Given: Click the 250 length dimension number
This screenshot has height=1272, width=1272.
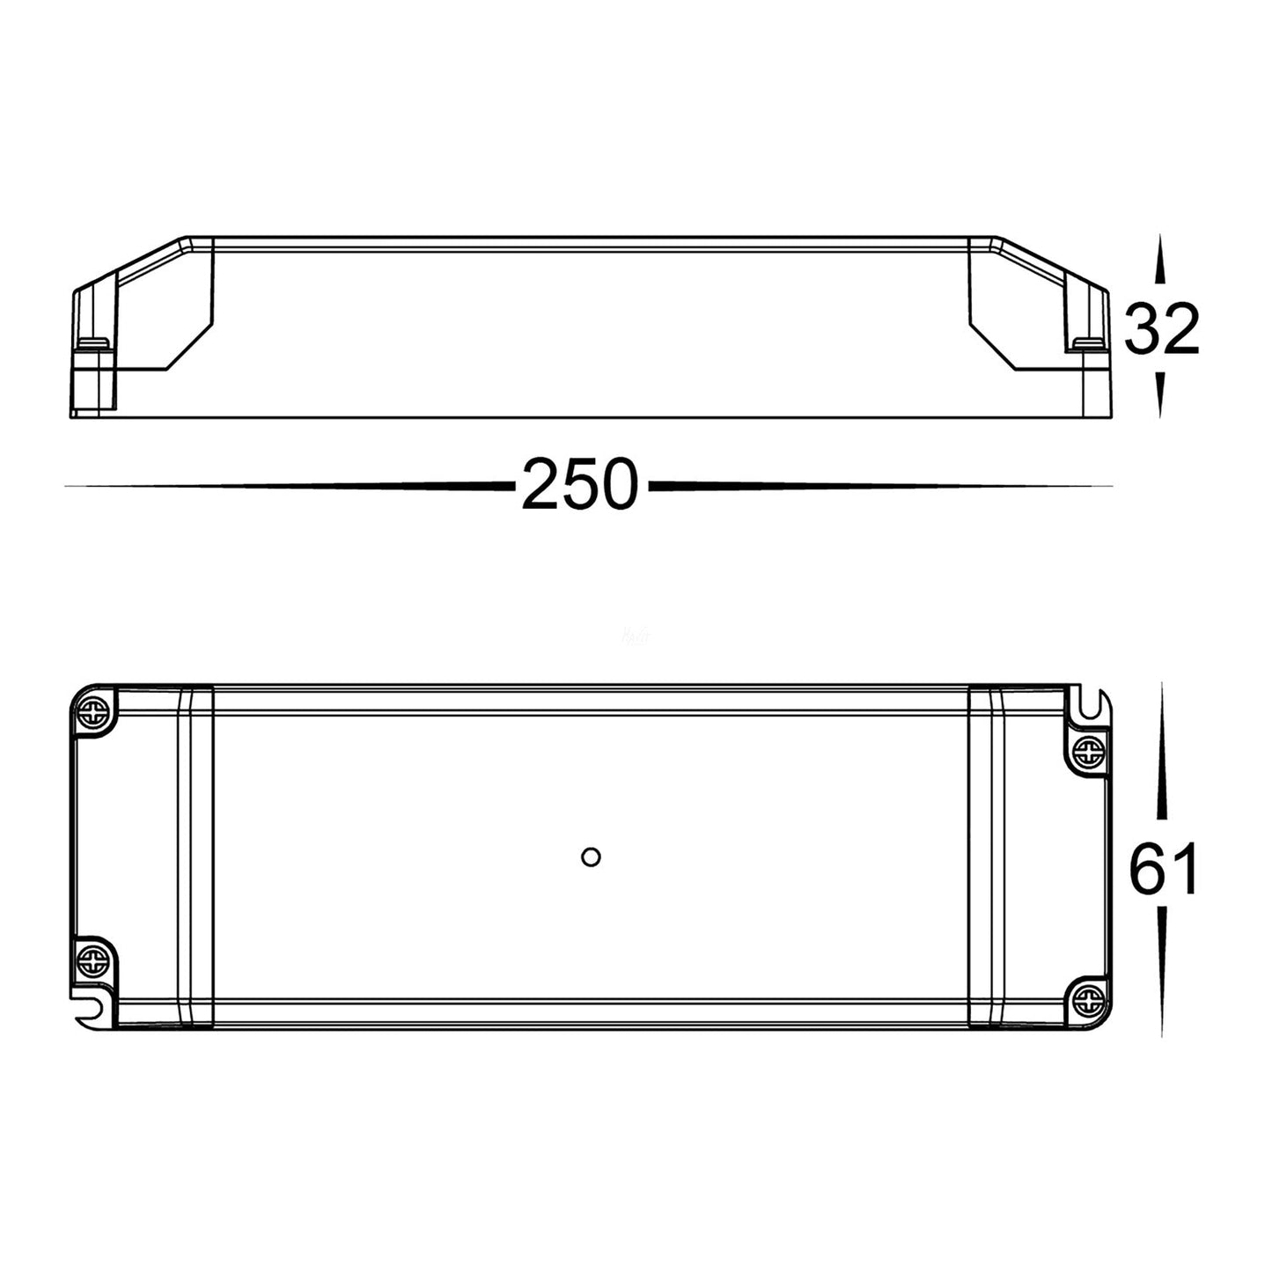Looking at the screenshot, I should coord(578,484).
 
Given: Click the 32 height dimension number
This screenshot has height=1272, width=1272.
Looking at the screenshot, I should coord(1162,329).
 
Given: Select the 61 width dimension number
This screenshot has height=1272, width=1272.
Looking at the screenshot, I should coord(1163,869).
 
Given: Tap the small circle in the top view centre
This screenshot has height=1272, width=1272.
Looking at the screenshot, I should coord(591,857).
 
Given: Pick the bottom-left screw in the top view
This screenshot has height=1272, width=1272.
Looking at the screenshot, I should coord(92,958).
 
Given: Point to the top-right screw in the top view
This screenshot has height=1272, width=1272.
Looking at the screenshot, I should coord(1089,750).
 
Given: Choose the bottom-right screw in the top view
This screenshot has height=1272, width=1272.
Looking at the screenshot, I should coord(1089,999).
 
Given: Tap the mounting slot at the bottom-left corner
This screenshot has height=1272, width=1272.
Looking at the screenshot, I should coord(91,1009).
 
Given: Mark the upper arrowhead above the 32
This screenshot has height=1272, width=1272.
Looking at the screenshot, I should coord(1160,260).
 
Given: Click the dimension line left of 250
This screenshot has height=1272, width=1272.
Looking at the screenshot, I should coord(290,485).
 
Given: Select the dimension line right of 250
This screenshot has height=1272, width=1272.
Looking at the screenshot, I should coord(880,485).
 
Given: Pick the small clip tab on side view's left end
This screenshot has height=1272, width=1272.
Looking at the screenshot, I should coord(92,343).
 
